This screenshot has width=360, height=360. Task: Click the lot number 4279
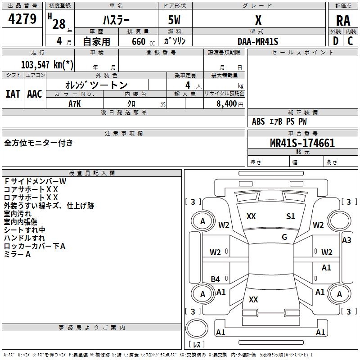(22, 18)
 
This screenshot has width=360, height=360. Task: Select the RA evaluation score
(343, 21)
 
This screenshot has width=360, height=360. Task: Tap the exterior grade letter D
(336, 41)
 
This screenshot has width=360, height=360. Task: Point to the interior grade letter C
(350, 41)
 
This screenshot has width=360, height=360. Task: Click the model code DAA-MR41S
(258, 41)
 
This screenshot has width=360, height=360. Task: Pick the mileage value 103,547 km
(47, 64)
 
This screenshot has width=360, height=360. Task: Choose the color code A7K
(75, 104)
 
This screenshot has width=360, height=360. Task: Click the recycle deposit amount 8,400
(226, 104)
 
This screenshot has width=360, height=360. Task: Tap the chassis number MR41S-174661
(302, 143)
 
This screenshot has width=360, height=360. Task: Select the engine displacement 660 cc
(143, 41)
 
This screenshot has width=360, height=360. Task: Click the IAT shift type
(13, 94)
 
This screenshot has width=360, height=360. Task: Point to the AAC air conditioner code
(35, 94)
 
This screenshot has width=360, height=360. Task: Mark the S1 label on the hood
(290, 216)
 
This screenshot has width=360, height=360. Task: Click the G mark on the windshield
(284, 237)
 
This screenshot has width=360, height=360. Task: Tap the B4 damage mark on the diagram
(216, 279)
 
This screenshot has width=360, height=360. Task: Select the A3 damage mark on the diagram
(346, 240)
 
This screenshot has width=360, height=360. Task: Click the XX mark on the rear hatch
(253, 299)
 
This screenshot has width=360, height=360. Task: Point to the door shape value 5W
(174, 20)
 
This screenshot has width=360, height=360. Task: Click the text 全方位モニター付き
(38, 143)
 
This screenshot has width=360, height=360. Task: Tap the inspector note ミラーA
(17, 254)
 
